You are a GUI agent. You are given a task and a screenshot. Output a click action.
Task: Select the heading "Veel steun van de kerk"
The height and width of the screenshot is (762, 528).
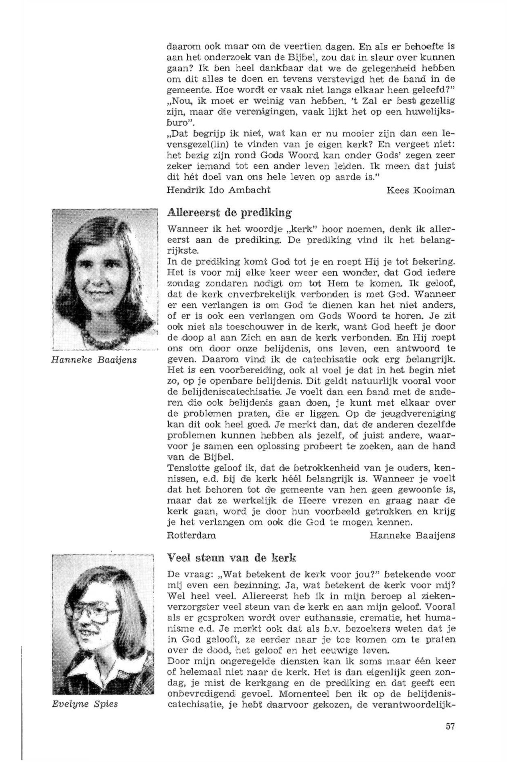[x=232, y=558]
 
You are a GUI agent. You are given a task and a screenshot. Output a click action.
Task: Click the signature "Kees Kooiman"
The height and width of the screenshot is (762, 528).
[x=420, y=190]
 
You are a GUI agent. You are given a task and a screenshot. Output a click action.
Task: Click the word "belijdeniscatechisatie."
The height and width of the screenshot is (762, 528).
[x=225, y=393]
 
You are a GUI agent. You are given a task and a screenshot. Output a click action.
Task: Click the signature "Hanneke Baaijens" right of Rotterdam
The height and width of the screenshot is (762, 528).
[x=412, y=535]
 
